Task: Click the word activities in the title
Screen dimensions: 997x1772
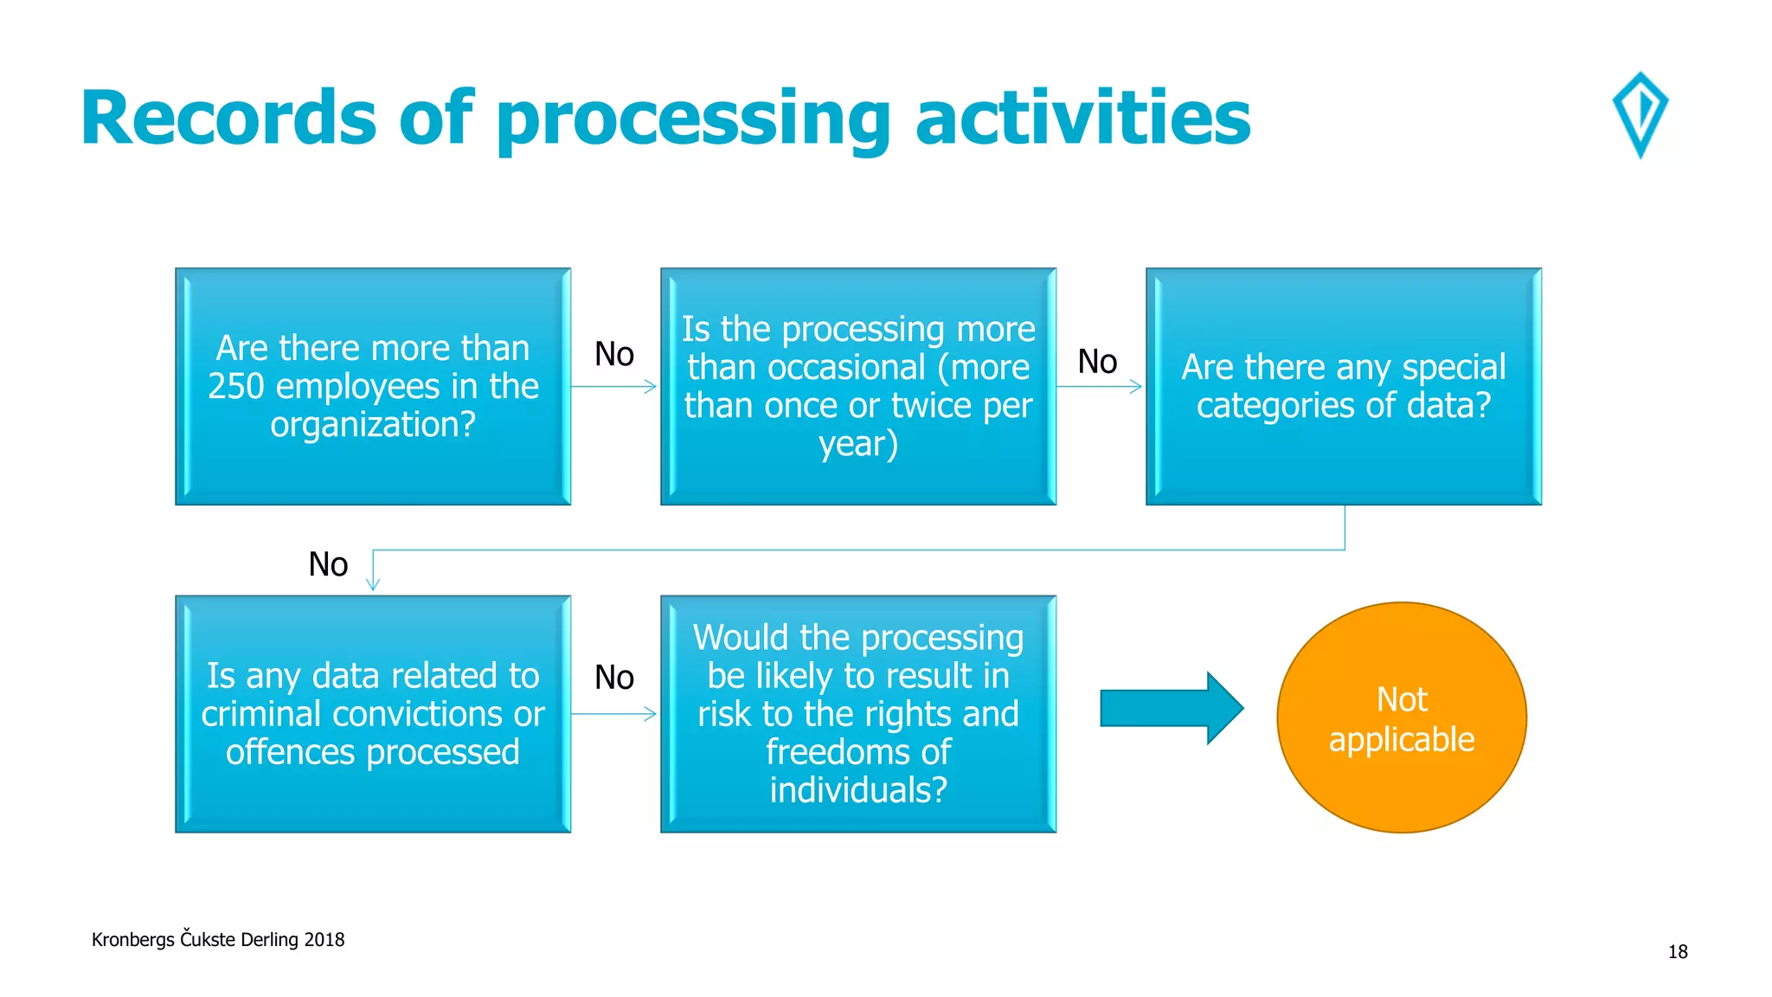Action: [x=1082, y=118]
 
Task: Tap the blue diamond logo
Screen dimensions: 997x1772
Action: [x=1640, y=114]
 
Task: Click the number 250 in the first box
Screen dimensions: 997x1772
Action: [x=235, y=386]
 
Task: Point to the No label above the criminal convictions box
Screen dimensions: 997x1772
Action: [x=328, y=564]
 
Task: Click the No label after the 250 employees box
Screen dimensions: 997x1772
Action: [x=614, y=354]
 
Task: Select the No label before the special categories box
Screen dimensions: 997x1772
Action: [x=1097, y=361]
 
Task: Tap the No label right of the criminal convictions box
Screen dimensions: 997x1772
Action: [x=614, y=677]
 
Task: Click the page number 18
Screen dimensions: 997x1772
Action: [x=1677, y=952]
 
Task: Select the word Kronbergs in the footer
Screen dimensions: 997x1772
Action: [x=132, y=940]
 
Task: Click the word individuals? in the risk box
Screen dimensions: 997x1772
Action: [x=857, y=790]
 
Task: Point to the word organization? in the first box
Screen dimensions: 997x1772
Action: [x=373, y=424]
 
